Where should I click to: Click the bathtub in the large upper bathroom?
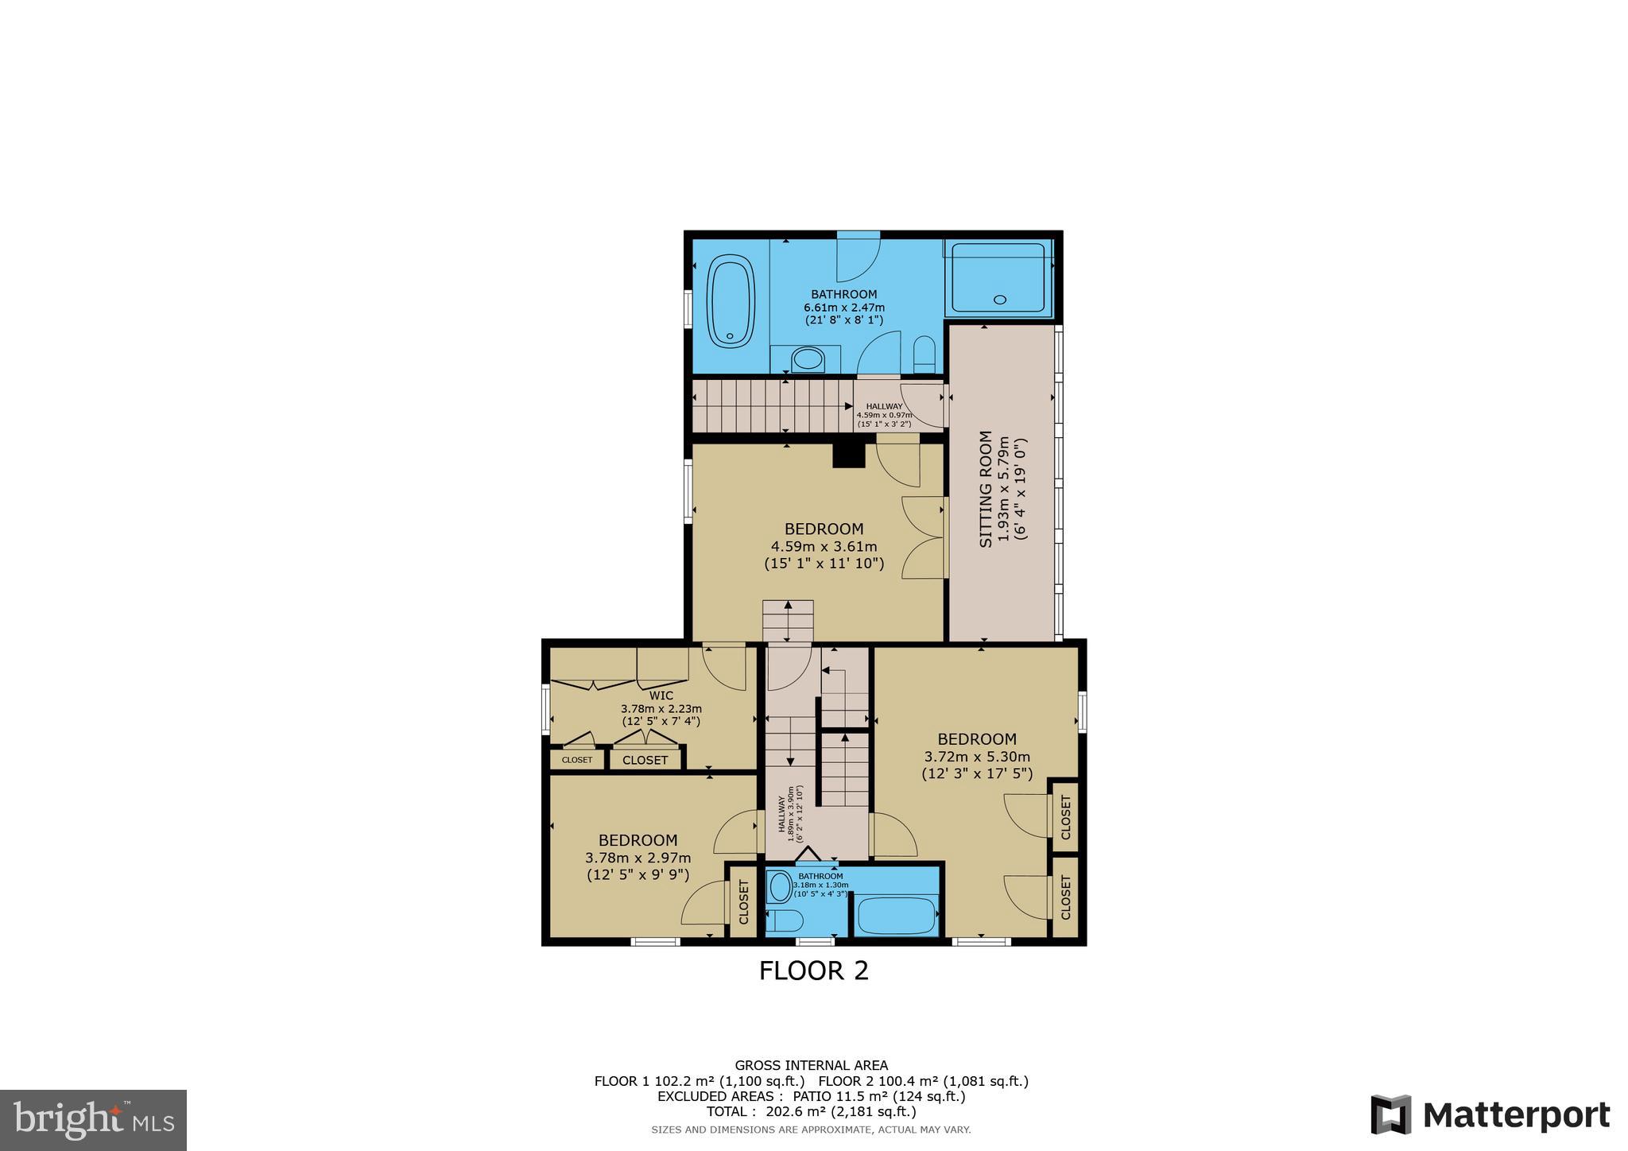click(x=731, y=301)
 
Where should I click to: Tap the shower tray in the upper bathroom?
click(x=998, y=277)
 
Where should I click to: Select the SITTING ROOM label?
click(x=986, y=489)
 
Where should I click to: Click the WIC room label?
click(x=661, y=696)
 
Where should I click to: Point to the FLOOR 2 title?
click(x=813, y=971)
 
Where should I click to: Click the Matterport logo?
click(x=1490, y=1115)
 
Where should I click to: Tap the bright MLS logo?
click(x=93, y=1120)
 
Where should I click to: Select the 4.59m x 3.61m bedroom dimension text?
click(x=824, y=546)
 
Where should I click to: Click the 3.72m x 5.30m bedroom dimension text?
click(x=977, y=757)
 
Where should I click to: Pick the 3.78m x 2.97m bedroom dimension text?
click(x=638, y=858)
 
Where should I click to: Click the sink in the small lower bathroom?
click(x=781, y=886)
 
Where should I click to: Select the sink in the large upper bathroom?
click(x=808, y=360)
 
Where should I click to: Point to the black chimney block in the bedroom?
click(x=848, y=455)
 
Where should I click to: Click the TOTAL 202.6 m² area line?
click(x=811, y=1111)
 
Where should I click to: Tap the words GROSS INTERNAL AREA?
click(x=811, y=1065)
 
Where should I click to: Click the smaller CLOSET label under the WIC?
click(x=576, y=760)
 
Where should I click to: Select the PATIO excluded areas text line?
click(x=811, y=1096)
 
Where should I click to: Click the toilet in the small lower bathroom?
click(x=787, y=921)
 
